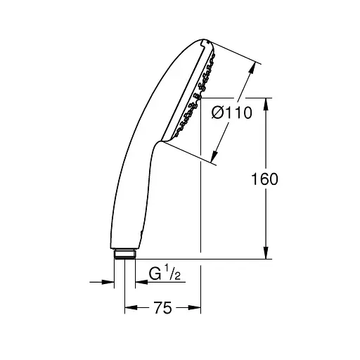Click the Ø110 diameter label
pos(231,112)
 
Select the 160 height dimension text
pos(264,179)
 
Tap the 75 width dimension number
pos(162,307)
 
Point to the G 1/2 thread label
pos(165,273)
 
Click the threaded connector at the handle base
pos(125,255)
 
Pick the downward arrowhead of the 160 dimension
pos(266,252)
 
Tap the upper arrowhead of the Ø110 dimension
pos(252,68)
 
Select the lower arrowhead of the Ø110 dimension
pos(214,156)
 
